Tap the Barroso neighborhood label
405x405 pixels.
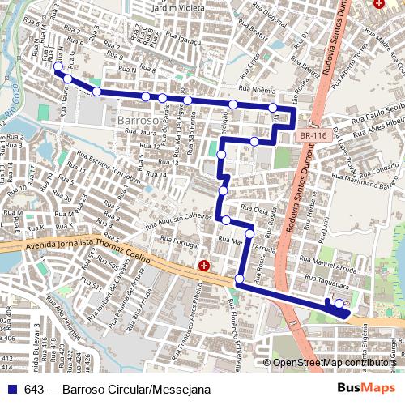136,121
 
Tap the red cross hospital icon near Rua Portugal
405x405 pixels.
204,266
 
